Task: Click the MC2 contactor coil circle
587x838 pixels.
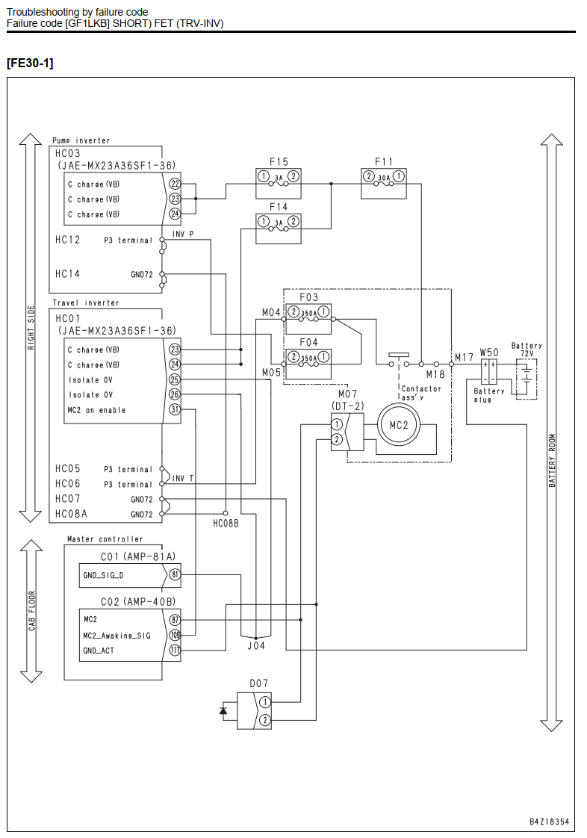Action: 398,425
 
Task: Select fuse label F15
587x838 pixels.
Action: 279,161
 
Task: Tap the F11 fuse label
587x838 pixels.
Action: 384,161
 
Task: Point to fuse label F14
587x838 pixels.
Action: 279,207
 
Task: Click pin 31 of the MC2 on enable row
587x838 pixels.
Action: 175,410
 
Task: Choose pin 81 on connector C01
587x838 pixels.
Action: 175,575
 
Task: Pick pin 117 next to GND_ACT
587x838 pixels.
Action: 175,651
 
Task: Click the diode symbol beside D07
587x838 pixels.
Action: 223,710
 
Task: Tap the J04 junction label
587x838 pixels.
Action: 256,645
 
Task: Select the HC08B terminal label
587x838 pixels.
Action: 226,524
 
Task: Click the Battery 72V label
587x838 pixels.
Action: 527,350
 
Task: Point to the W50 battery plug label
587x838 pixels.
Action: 488,353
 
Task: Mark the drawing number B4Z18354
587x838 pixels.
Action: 549,822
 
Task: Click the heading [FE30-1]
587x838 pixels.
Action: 30,63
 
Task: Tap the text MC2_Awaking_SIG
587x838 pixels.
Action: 117,636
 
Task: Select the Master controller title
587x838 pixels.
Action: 105,539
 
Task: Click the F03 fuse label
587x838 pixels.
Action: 308,297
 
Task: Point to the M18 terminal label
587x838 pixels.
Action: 435,374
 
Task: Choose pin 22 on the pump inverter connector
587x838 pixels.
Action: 175,184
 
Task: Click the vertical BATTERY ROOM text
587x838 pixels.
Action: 552,460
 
